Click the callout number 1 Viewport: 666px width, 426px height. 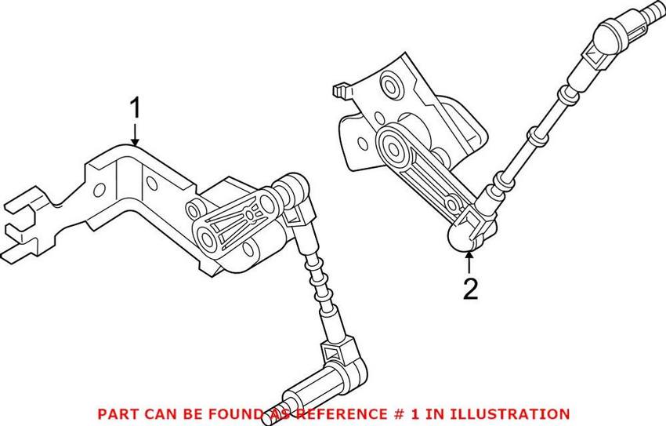click(136, 108)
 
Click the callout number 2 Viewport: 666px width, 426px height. click(470, 289)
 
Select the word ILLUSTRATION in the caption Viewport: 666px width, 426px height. click(517, 413)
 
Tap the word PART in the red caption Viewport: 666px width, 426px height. click(114, 413)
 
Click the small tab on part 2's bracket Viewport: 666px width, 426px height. click(339, 90)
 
